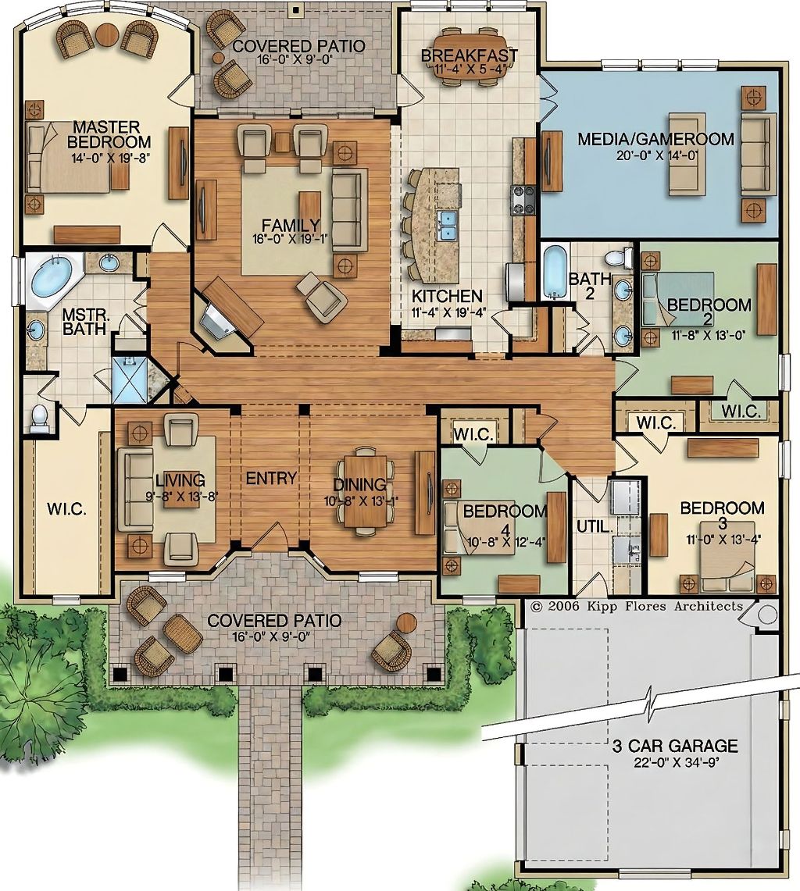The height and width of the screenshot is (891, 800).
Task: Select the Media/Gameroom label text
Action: tap(655, 139)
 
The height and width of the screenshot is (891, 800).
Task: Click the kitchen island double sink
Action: tap(448, 224)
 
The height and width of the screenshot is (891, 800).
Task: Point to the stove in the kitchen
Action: tap(524, 201)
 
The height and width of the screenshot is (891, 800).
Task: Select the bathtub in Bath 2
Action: tap(555, 271)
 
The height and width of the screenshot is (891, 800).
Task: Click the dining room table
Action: tap(365, 490)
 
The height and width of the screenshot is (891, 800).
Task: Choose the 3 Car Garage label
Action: tap(674, 745)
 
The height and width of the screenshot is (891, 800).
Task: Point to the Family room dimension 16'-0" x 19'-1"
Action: tap(291, 239)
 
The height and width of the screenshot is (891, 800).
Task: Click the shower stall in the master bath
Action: tap(130, 379)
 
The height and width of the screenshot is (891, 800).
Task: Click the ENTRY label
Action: tap(270, 478)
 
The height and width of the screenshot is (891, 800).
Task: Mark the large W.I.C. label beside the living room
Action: tap(66, 508)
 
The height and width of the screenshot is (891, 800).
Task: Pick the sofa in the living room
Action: tap(134, 490)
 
